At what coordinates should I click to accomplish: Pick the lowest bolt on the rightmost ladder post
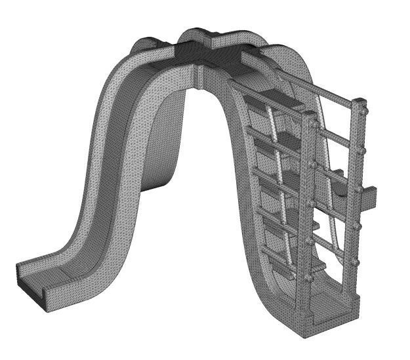coord(355,262)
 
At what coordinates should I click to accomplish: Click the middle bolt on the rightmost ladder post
coord(359,190)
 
